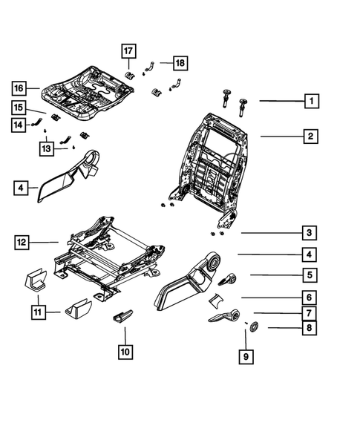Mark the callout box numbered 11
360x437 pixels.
(x=36, y=314)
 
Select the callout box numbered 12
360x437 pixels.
(x=23, y=241)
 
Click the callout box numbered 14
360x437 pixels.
(x=18, y=125)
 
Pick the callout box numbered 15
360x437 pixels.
(x=18, y=108)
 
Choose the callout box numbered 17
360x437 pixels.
(x=128, y=51)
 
